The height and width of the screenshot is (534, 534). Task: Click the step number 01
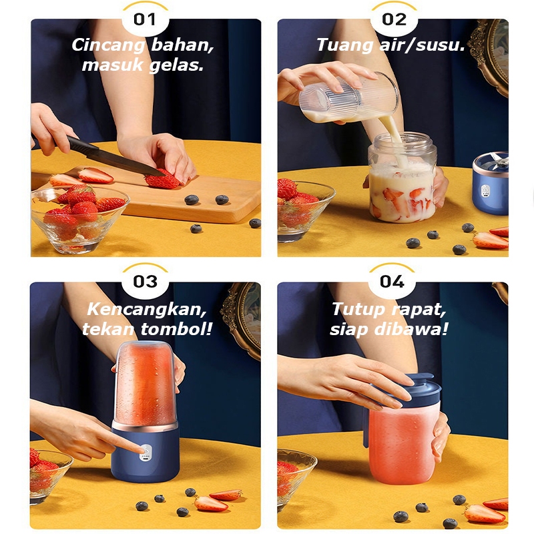coord(145,19)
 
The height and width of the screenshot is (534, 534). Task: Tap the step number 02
coord(394,19)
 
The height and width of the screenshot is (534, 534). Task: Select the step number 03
coord(145,282)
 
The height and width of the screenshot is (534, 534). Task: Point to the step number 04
coord(392,282)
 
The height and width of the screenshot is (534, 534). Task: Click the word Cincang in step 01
coord(108,45)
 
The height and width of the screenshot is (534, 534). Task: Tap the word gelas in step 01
coord(176,65)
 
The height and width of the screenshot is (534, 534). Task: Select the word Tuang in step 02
coord(344,45)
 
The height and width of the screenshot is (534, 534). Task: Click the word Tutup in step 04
coord(359,310)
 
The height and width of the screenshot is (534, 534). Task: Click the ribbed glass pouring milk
coord(347,97)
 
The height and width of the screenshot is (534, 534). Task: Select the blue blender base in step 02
coord(491,184)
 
